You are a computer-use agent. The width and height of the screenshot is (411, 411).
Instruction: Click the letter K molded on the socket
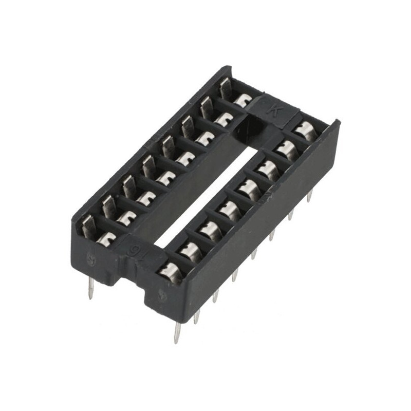(274, 109)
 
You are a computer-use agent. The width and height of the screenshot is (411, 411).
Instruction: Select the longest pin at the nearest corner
(178, 331)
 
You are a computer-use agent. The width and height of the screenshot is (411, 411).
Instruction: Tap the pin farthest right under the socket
(310, 195)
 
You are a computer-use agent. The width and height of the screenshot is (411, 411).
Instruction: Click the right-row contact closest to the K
(306, 129)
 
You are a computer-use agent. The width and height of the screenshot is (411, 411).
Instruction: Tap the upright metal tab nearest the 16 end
(88, 226)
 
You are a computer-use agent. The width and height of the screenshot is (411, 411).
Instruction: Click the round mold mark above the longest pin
(162, 295)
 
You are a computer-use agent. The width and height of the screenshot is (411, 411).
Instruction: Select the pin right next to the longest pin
(197, 316)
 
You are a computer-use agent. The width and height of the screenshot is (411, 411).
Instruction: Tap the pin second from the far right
(291, 213)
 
